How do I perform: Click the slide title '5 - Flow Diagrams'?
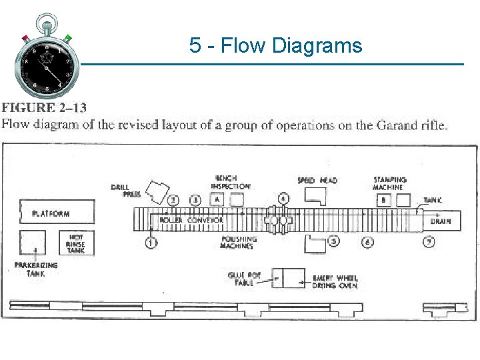tap(275, 45)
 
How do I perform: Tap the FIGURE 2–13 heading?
tap(43, 107)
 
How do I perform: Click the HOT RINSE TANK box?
tap(76, 243)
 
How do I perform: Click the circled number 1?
tap(152, 243)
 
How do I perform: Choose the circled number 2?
tap(174, 199)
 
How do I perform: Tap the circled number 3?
tap(195, 199)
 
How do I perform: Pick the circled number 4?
tap(283, 199)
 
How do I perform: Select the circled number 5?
tap(334, 242)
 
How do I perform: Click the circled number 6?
tap(367, 242)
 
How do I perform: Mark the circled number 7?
tap(429, 242)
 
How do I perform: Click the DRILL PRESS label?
tap(121, 191)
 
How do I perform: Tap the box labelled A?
tap(217, 199)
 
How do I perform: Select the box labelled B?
tap(383, 199)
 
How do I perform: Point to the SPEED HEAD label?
tap(317, 181)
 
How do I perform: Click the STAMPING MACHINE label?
tap(390, 183)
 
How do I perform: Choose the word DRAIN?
tap(440, 221)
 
